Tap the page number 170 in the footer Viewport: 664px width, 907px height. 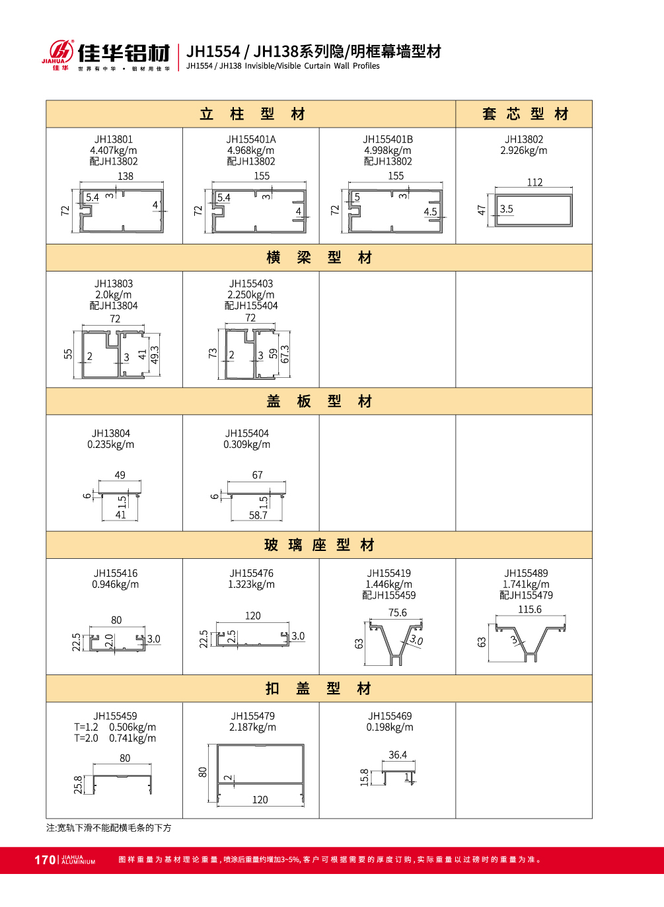point(45,859)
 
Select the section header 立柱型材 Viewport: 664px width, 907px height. point(252,114)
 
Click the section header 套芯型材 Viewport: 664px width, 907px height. point(525,114)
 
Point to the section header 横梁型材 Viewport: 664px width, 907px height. point(319,258)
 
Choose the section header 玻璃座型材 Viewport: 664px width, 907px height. point(319,545)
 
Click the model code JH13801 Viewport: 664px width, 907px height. point(114,139)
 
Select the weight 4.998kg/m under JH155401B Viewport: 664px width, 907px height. point(388,151)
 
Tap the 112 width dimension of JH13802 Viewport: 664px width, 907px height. point(535,182)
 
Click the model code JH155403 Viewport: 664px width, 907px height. point(251,283)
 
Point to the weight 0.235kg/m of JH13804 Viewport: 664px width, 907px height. point(111,445)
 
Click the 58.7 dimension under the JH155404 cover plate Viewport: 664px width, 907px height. point(258,515)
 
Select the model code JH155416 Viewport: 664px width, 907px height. point(116,573)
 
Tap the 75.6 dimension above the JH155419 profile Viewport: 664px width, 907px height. point(398,612)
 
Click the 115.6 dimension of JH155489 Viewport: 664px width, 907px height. point(530,610)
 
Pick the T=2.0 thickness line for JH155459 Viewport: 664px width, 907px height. point(115,739)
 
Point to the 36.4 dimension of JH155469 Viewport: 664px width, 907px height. point(398,755)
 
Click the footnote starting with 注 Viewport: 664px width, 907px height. point(109,828)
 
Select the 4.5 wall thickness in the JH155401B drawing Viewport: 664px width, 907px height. point(430,212)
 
